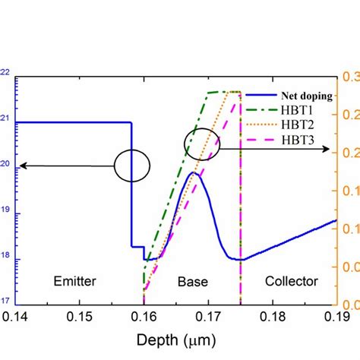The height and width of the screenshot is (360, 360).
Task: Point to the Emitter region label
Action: click(x=74, y=282)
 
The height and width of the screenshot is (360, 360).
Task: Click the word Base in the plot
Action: click(x=193, y=282)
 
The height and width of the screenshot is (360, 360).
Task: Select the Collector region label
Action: click(x=291, y=282)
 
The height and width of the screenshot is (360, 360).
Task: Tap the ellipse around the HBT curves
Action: click(x=202, y=144)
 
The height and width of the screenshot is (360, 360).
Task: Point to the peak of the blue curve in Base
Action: click(x=194, y=173)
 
